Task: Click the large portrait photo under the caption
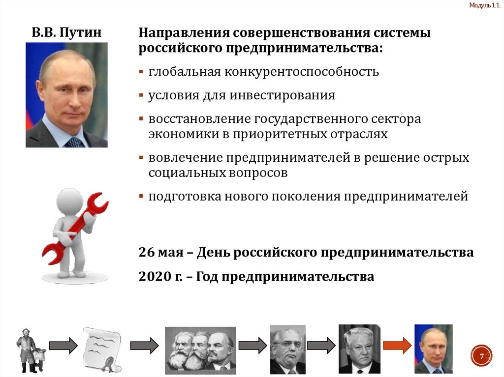pos(66,95)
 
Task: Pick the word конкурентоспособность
pos(302,72)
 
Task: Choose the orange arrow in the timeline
pos(397,345)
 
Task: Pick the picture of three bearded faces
pos(200,350)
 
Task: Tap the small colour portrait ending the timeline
pos(433,348)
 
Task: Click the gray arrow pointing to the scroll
pos(63,345)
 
